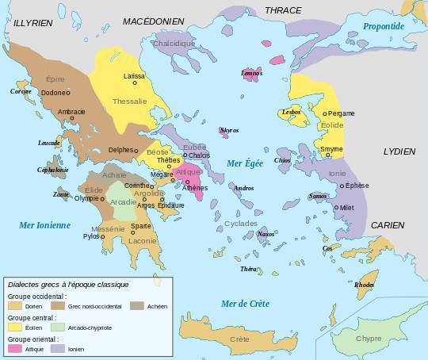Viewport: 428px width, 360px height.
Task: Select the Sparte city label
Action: tap(141, 226)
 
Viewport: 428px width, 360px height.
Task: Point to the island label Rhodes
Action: tap(365, 285)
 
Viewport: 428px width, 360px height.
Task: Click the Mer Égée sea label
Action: tap(244, 163)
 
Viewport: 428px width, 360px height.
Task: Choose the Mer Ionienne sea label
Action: tap(45, 225)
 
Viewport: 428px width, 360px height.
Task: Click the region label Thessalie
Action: tap(129, 101)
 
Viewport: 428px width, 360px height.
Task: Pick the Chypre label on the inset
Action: tap(368, 339)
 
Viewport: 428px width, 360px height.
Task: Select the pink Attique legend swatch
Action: tap(14, 348)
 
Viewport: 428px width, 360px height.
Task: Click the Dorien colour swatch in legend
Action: tap(14, 305)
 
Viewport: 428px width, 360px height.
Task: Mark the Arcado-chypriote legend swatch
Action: tap(58, 327)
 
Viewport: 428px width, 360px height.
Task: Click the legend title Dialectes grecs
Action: tap(67, 284)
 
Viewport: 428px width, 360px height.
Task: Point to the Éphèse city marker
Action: tap(342, 186)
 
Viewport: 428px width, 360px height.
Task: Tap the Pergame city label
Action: tap(341, 113)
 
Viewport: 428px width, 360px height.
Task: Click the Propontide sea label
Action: tap(384, 26)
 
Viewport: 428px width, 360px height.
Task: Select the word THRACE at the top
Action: tap(283, 10)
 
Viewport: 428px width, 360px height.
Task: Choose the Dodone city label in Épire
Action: tap(52, 93)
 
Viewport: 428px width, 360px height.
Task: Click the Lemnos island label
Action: tap(251, 73)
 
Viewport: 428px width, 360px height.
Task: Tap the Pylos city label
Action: tap(91, 236)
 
